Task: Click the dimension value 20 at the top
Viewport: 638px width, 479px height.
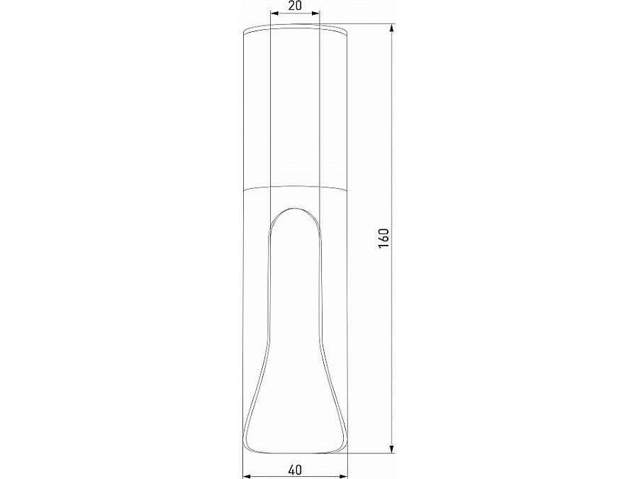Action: pyautogui.click(x=296, y=6)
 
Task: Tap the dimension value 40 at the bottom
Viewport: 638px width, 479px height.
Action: pyautogui.click(x=296, y=469)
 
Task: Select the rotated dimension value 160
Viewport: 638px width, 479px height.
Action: pyautogui.click(x=384, y=238)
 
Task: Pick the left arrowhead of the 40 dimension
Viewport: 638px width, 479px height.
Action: pyautogui.click(x=246, y=475)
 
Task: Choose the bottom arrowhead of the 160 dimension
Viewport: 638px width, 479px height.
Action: pyautogui.click(x=391, y=449)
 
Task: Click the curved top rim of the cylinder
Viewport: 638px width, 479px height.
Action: pyautogui.click(x=296, y=27)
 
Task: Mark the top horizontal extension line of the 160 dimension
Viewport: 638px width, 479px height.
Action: pyautogui.click(x=369, y=24)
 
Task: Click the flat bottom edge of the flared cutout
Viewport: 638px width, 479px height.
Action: pyautogui.click(x=296, y=450)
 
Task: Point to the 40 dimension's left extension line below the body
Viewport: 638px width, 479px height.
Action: pyautogui.click(x=242, y=465)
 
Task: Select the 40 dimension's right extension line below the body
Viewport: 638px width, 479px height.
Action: pyautogui.click(x=348, y=465)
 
